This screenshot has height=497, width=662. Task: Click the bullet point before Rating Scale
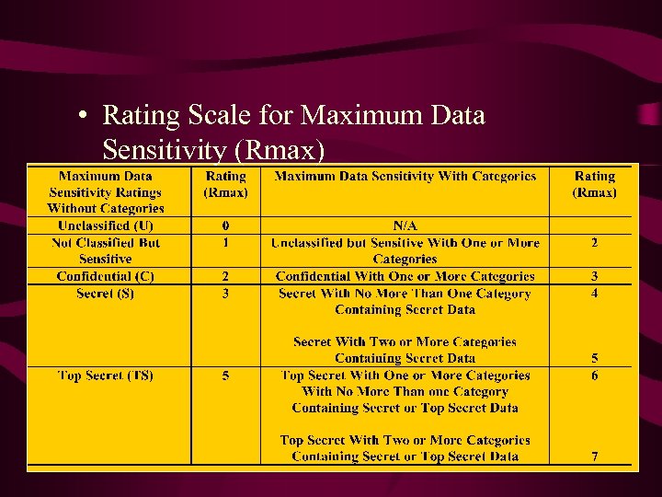tap(83, 117)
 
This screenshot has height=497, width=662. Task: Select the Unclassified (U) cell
tap(106, 225)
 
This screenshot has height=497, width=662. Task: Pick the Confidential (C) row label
tap(106, 276)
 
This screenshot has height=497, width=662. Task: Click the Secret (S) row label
tap(106, 294)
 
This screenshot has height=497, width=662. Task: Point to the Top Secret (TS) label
tap(106, 376)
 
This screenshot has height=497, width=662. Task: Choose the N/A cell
tap(405, 225)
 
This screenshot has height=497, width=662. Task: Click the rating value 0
tap(226, 225)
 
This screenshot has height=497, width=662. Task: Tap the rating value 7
tap(595, 457)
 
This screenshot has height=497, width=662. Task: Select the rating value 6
tap(595, 376)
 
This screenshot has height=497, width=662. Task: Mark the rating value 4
tap(595, 294)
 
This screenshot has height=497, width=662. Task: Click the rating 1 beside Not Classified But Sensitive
tap(226, 243)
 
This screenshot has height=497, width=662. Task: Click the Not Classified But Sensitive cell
tap(106, 250)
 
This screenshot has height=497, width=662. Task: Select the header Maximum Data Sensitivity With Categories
tap(405, 176)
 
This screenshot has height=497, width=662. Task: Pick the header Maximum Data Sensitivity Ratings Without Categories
tap(106, 192)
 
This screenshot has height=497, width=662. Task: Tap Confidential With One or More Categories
tap(405, 276)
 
